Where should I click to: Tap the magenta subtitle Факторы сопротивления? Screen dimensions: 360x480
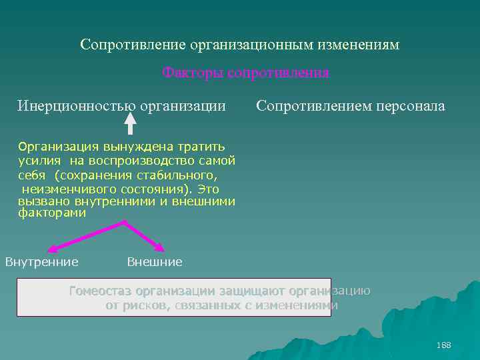point(245,72)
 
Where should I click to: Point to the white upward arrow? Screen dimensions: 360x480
point(149,121)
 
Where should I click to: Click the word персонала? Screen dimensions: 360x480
point(411,106)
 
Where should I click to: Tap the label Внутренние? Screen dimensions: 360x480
point(42,261)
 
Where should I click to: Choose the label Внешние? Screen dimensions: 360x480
point(154,262)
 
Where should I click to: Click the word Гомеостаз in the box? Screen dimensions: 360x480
point(101,291)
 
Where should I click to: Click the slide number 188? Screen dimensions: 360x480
point(443,345)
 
